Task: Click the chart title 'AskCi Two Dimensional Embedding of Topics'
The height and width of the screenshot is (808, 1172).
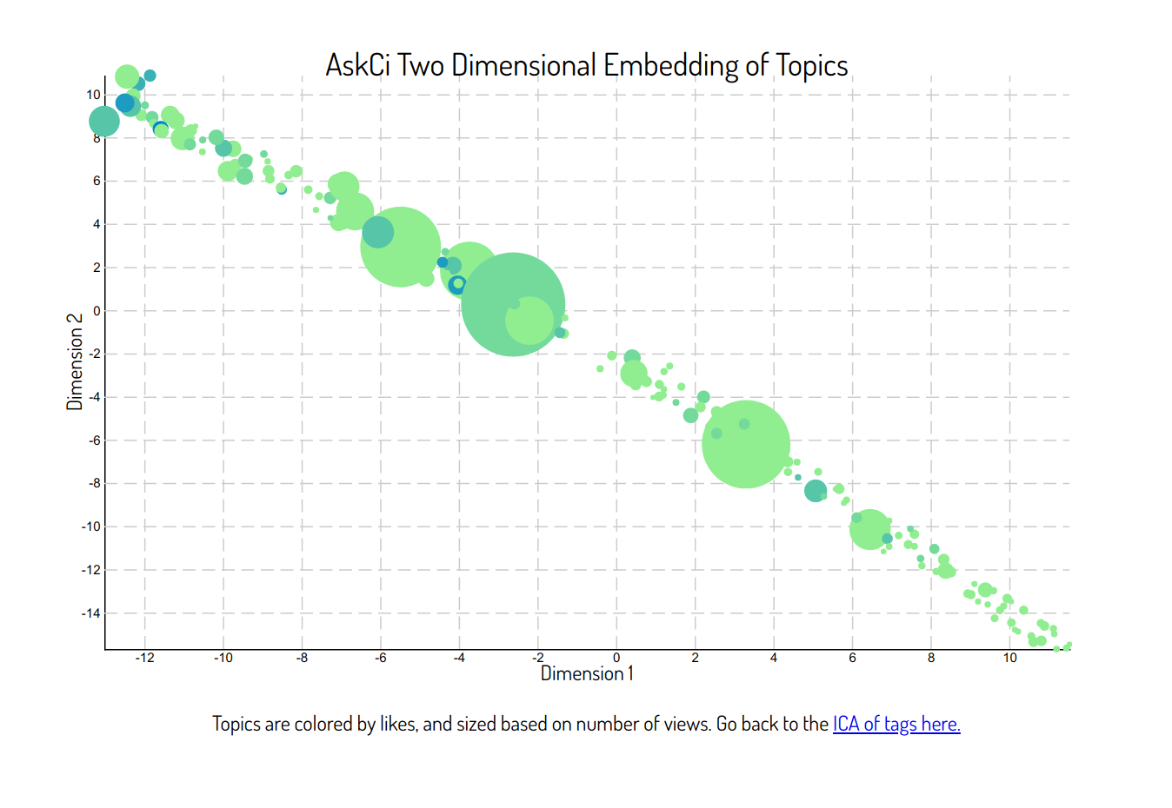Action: [587, 65]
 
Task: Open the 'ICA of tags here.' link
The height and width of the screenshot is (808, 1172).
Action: [896, 724]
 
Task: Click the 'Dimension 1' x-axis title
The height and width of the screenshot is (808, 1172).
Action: [587, 673]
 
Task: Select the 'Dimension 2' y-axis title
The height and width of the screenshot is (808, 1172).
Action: [75, 362]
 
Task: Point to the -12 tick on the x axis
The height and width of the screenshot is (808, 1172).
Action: [144, 658]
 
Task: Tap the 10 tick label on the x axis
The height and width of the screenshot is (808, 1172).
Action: [1009, 658]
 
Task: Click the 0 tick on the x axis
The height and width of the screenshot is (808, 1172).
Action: [616, 658]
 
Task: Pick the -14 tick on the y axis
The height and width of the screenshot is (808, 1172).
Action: [90, 613]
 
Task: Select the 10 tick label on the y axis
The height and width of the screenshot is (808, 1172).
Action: [93, 95]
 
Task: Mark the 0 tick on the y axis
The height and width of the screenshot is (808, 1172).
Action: [97, 311]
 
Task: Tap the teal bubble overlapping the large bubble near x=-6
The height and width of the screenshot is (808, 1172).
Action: [377, 232]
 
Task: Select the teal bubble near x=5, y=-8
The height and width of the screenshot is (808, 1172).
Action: [816, 491]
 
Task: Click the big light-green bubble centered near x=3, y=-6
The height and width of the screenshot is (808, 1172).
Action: [746, 445]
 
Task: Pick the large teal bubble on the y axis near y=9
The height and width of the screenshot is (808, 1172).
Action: [104, 122]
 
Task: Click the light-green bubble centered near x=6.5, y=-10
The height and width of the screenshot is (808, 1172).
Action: [869, 529]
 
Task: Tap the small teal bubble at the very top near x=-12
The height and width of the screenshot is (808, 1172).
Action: [150, 76]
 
